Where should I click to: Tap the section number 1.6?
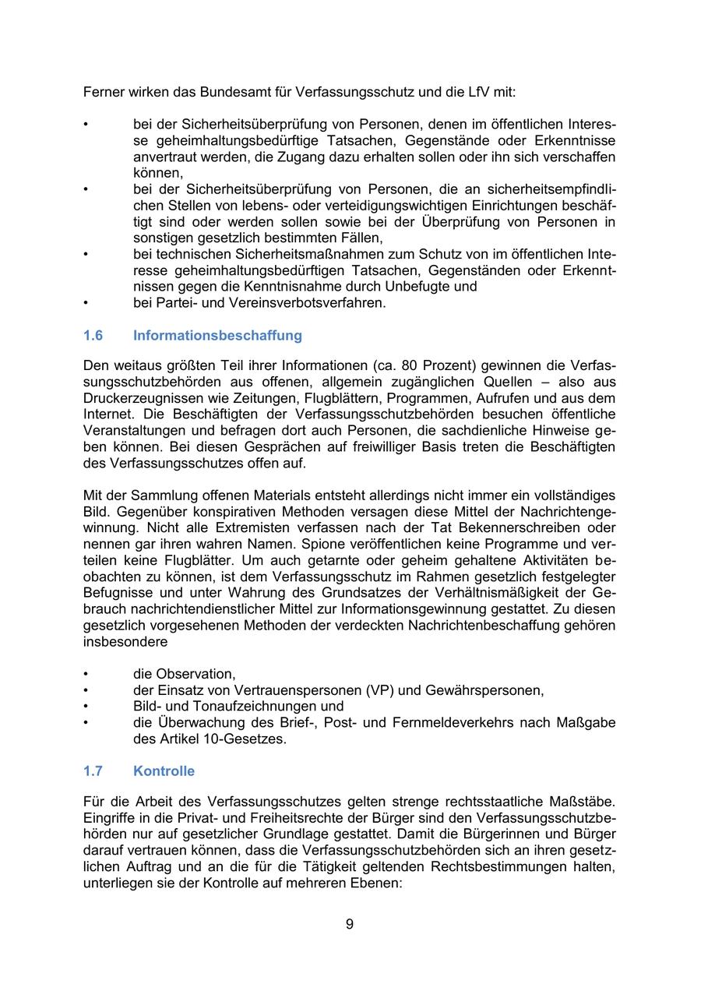93,336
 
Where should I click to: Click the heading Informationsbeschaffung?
217,336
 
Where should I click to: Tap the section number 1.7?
93,771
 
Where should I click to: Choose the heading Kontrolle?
164,771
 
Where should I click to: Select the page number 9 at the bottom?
350,925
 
